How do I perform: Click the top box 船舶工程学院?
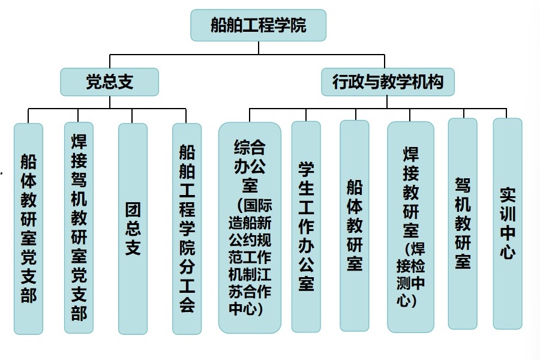[x=258, y=25]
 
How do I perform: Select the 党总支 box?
[x=109, y=82]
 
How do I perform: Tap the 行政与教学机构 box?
[x=388, y=81]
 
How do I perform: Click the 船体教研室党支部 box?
[x=28, y=229]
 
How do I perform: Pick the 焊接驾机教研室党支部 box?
[x=79, y=227]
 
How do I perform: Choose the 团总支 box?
[x=133, y=229]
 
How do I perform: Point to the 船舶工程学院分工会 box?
[x=187, y=229]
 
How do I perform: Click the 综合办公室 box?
[x=250, y=227]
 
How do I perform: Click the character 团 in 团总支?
[x=133, y=209]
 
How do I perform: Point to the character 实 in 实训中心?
[x=508, y=196]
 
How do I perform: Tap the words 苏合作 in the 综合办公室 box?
[x=250, y=296]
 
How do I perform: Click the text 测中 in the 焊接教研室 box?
[x=410, y=283]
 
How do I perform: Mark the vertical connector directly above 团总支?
[x=133, y=116]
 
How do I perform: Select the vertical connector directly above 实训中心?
[x=508, y=113]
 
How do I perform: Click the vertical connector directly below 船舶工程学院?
[x=258, y=47]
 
